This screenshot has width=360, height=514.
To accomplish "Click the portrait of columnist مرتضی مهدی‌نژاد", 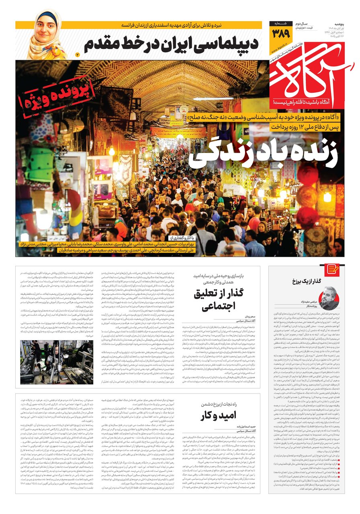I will [329, 296].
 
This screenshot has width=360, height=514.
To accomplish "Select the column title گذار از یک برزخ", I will [316, 281].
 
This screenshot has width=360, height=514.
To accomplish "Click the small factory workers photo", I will [56, 362].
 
